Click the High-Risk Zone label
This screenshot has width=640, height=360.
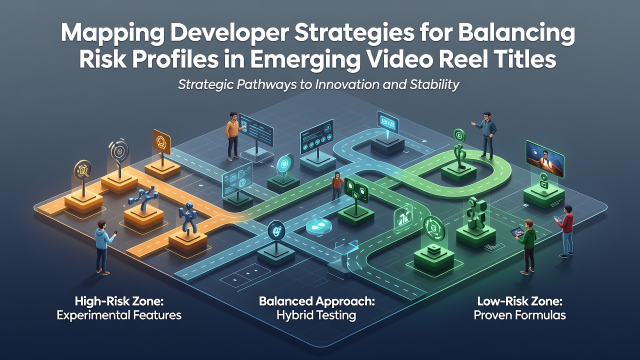(119, 301)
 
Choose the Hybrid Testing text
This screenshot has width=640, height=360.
(316, 315)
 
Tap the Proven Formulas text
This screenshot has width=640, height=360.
(519, 315)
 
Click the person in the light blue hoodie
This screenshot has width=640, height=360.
(104, 247)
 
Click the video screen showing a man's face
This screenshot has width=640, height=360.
(545, 159)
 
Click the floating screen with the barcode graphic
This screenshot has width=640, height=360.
(387, 121)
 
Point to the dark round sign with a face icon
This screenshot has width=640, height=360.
(276, 229)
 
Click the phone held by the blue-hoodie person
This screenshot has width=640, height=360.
(115, 232)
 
